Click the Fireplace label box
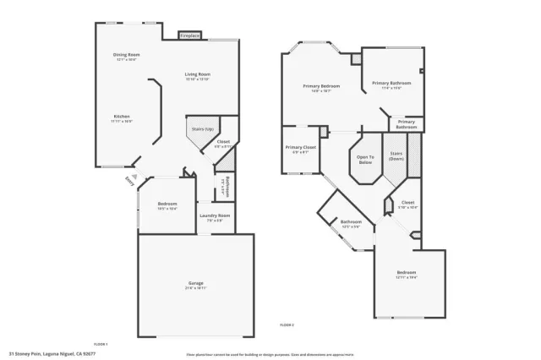click(x=189, y=35)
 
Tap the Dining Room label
click(x=126, y=55)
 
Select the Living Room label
click(x=198, y=74)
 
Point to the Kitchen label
click(x=122, y=117)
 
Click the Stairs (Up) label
click(x=203, y=128)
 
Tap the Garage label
click(x=196, y=282)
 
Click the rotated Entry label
click(x=129, y=180)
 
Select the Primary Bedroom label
click(x=322, y=86)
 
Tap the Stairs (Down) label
click(x=396, y=156)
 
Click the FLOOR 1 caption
click(x=101, y=343)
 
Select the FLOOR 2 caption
click(x=287, y=325)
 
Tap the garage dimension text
click(x=196, y=288)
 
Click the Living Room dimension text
click(x=198, y=79)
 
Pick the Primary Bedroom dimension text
click(x=322, y=91)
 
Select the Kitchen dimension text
click(x=122, y=122)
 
